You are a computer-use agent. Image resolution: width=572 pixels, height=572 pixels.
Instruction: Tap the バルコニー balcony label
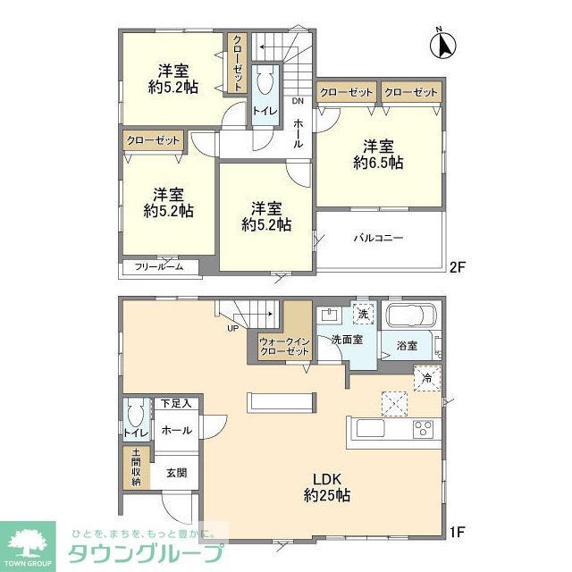pyautogui.click(x=378, y=239)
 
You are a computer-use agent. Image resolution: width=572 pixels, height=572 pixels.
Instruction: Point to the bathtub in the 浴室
pyautogui.click(x=408, y=317)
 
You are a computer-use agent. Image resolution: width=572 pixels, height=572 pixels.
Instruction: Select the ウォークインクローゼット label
pyautogui.click(x=284, y=347)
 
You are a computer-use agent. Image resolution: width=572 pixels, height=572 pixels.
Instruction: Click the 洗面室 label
pyautogui.click(x=346, y=341)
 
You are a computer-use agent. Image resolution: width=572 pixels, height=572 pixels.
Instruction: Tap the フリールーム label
pyautogui.click(x=159, y=267)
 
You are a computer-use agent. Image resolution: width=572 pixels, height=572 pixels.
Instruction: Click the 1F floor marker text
pyautogui.click(x=457, y=534)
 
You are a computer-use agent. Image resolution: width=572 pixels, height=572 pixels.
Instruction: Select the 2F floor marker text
pyautogui.click(x=458, y=266)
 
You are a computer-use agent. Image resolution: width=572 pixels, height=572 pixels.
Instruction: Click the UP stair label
pyautogui.click(x=231, y=327)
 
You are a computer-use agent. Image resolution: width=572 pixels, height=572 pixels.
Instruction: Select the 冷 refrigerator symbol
pyautogui.click(x=426, y=378)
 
